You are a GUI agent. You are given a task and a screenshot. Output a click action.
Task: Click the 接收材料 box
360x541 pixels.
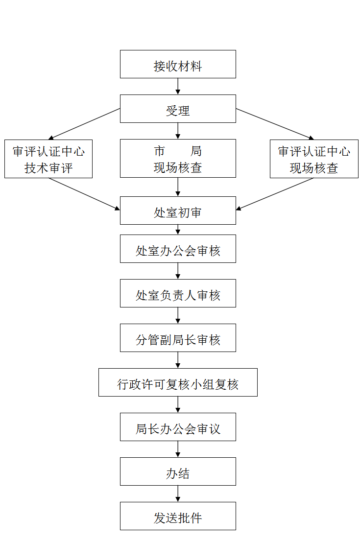pyautogui.click(x=178, y=64)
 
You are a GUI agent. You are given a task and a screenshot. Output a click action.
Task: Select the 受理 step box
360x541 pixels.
pyautogui.click(x=178, y=109)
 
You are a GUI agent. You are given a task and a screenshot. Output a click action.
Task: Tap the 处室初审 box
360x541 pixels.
pyautogui.click(x=178, y=211)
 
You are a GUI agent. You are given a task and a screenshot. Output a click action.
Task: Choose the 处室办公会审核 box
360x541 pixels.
pyautogui.click(x=178, y=249)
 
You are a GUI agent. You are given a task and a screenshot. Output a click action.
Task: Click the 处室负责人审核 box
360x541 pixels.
pyautogui.click(x=178, y=293)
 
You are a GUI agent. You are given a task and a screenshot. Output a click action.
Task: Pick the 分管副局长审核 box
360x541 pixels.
pyautogui.click(x=178, y=338)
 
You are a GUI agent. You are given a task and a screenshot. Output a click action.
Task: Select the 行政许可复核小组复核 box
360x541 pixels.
pyautogui.click(x=178, y=382)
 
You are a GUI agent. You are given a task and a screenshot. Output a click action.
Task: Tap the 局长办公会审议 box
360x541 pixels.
pyautogui.click(x=178, y=427)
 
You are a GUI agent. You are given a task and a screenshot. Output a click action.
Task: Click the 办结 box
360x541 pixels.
pyautogui.click(x=178, y=471)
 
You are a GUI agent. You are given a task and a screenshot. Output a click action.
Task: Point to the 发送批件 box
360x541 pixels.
pyautogui.click(x=178, y=516)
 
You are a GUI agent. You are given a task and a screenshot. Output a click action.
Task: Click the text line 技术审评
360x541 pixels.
pyautogui.click(x=48, y=168)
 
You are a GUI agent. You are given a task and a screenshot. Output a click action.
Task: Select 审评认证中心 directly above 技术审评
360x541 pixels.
pyautogui.click(x=48, y=152)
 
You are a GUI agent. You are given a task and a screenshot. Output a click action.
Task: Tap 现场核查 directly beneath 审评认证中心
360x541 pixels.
pyautogui.click(x=314, y=168)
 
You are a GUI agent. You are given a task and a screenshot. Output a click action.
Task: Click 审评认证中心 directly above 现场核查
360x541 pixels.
pyautogui.click(x=314, y=152)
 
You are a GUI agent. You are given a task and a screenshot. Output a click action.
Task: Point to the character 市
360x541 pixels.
pyautogui.click(x=159, y=151)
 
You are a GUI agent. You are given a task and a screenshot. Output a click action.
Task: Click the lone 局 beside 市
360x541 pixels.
pyautogui.click(x=196, y=151)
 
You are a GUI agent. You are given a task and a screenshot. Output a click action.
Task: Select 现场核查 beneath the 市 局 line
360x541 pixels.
pyautogui.click(x=178, y=168)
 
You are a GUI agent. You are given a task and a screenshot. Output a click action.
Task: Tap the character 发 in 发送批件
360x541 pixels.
pyautogui.click(x=160, y=518)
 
